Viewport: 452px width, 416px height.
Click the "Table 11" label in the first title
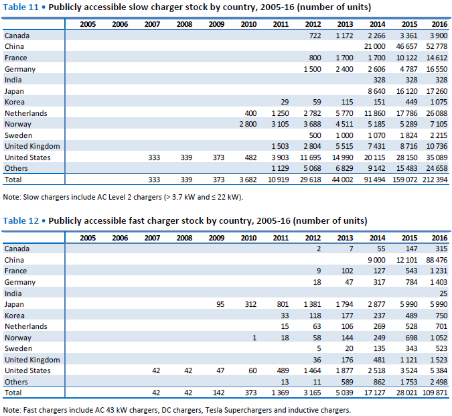click(21, 7)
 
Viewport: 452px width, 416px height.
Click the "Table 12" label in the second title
click(21, 221)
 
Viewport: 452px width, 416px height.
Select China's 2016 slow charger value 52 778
click(437, 46)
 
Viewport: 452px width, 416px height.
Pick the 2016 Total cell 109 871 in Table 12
click(435, 393)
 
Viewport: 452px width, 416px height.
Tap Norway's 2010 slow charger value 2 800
click(248, 124)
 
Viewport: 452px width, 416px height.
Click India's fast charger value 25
click(443, 293)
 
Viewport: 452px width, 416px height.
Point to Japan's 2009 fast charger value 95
click(220, 304)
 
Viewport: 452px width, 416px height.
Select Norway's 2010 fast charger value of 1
click(254, 338)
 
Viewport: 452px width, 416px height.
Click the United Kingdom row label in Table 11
click(32, 146)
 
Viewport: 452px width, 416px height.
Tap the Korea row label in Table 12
click(15, 316)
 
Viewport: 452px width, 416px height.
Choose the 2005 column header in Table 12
click(88, 238)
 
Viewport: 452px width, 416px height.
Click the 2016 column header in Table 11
click(439, 24)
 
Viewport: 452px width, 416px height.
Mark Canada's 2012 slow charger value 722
click(315, 36)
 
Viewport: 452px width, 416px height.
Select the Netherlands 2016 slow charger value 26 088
click(437, 113)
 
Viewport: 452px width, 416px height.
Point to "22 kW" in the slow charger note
click(228, 197)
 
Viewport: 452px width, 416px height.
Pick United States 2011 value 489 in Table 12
click(283, 370)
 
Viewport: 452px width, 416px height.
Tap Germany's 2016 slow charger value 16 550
click(437, 69)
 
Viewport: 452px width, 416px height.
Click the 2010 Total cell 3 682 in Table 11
click(248, 180)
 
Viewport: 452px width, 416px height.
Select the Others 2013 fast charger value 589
click(347, 382)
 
